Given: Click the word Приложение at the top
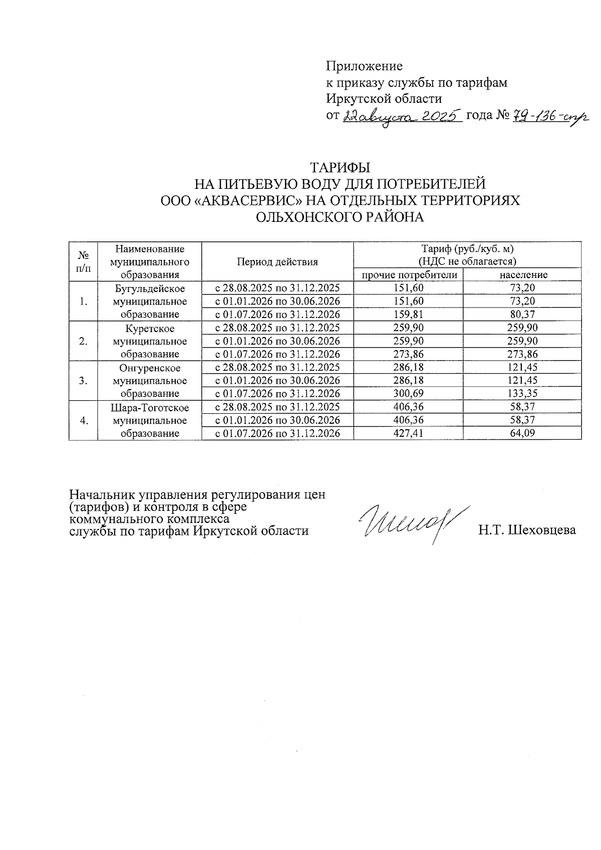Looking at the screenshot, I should pyautogui.click(x=364, y=66).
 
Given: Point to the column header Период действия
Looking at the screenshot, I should pyautogui.click(x=277, y=261).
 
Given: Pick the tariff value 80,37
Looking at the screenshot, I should pyautogui.click(x=522, y=314).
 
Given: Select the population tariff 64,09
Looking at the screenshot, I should pyautogui.click(x=522, y=433).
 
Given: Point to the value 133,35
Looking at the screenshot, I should pyautogui.click(x=522, y=393).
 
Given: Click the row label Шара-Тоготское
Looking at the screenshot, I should pyautogui.click(x=150, y=408).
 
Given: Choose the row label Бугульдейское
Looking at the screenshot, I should pyautogui.click(x=150, y=289).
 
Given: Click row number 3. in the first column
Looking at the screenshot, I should pyautogui.click(x=84, y=380).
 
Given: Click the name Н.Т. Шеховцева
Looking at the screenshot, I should pyautogui.click(x=527, y=530).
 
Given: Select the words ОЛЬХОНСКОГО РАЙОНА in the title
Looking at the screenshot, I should pyautogui.click(x=340, y=217).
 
